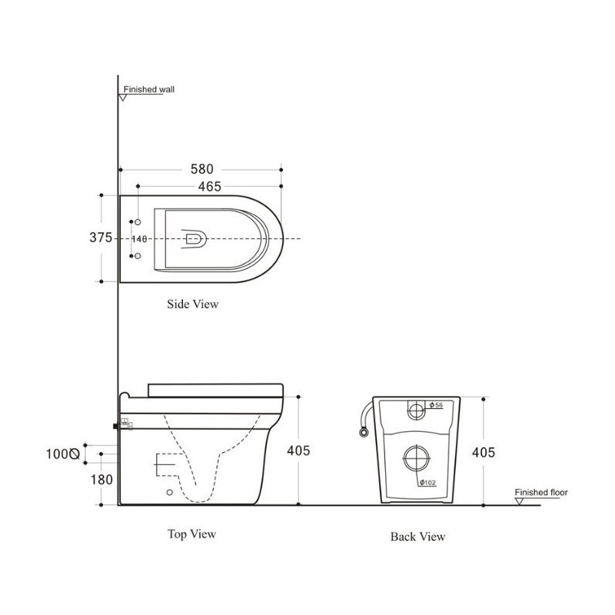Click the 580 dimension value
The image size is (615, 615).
(x=202, y=169)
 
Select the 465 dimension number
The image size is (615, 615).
(x=209, y=186)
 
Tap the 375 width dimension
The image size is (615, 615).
(x=101, y=238)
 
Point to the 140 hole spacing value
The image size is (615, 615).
(x=139, y=239)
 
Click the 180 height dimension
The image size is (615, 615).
(x=101, y=479)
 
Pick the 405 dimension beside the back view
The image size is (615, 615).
(x=484, y=452)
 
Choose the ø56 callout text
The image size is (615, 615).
(x=436, y=405)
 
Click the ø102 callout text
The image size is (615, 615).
(x=427, y=483)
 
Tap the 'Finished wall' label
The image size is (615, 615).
(x=149, y=89)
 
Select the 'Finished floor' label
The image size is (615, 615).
(x=541, y=492)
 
